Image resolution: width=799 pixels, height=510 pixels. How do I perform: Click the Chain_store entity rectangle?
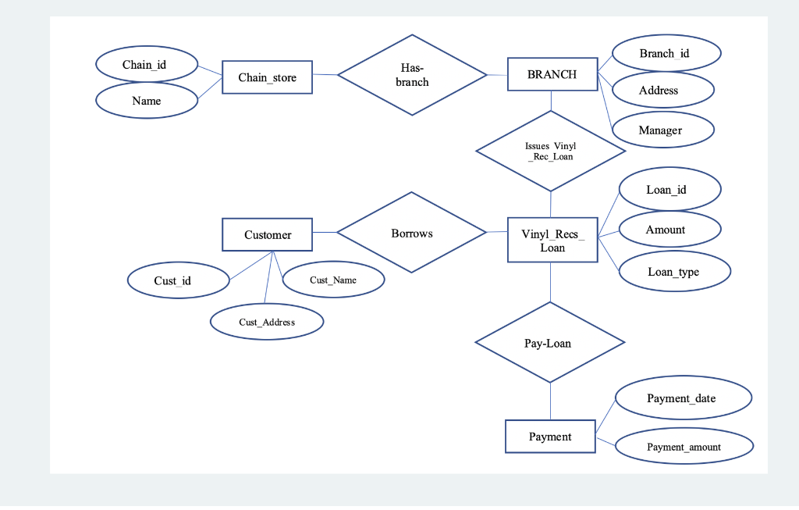(267, 77)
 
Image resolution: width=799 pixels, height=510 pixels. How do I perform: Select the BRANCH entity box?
(552, 74)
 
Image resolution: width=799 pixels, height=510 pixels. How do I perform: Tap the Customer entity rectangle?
(267, 234)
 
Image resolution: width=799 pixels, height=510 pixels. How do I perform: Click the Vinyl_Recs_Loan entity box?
(552, 240)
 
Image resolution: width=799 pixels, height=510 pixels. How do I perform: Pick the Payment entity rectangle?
(550, 437)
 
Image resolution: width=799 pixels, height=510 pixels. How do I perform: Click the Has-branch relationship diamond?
(412, 75)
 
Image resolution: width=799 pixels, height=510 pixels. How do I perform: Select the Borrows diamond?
(412, 233)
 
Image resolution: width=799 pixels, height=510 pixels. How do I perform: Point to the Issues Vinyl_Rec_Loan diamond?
(550, 151)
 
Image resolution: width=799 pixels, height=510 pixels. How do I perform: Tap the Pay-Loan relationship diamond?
(549, 343)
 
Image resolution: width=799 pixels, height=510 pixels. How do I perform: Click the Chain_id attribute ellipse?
(146, 65)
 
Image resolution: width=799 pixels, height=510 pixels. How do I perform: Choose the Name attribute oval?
(146, 101)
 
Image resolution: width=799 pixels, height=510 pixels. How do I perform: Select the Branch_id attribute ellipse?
(666, 53)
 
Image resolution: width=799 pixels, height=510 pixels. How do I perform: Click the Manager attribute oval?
(662, 130)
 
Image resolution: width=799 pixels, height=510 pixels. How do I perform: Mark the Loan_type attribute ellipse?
(674, 272)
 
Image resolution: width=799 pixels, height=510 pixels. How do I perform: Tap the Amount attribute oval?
(669, 230)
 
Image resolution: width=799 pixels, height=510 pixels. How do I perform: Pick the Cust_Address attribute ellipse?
(267, 322)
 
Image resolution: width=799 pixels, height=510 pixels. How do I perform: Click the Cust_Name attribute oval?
(333, 280)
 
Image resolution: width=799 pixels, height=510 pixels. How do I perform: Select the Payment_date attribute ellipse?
(683, 398)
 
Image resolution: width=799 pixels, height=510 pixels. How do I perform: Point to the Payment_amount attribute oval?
(684, 447)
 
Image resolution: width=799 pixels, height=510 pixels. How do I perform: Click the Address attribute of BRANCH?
(662, 90)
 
